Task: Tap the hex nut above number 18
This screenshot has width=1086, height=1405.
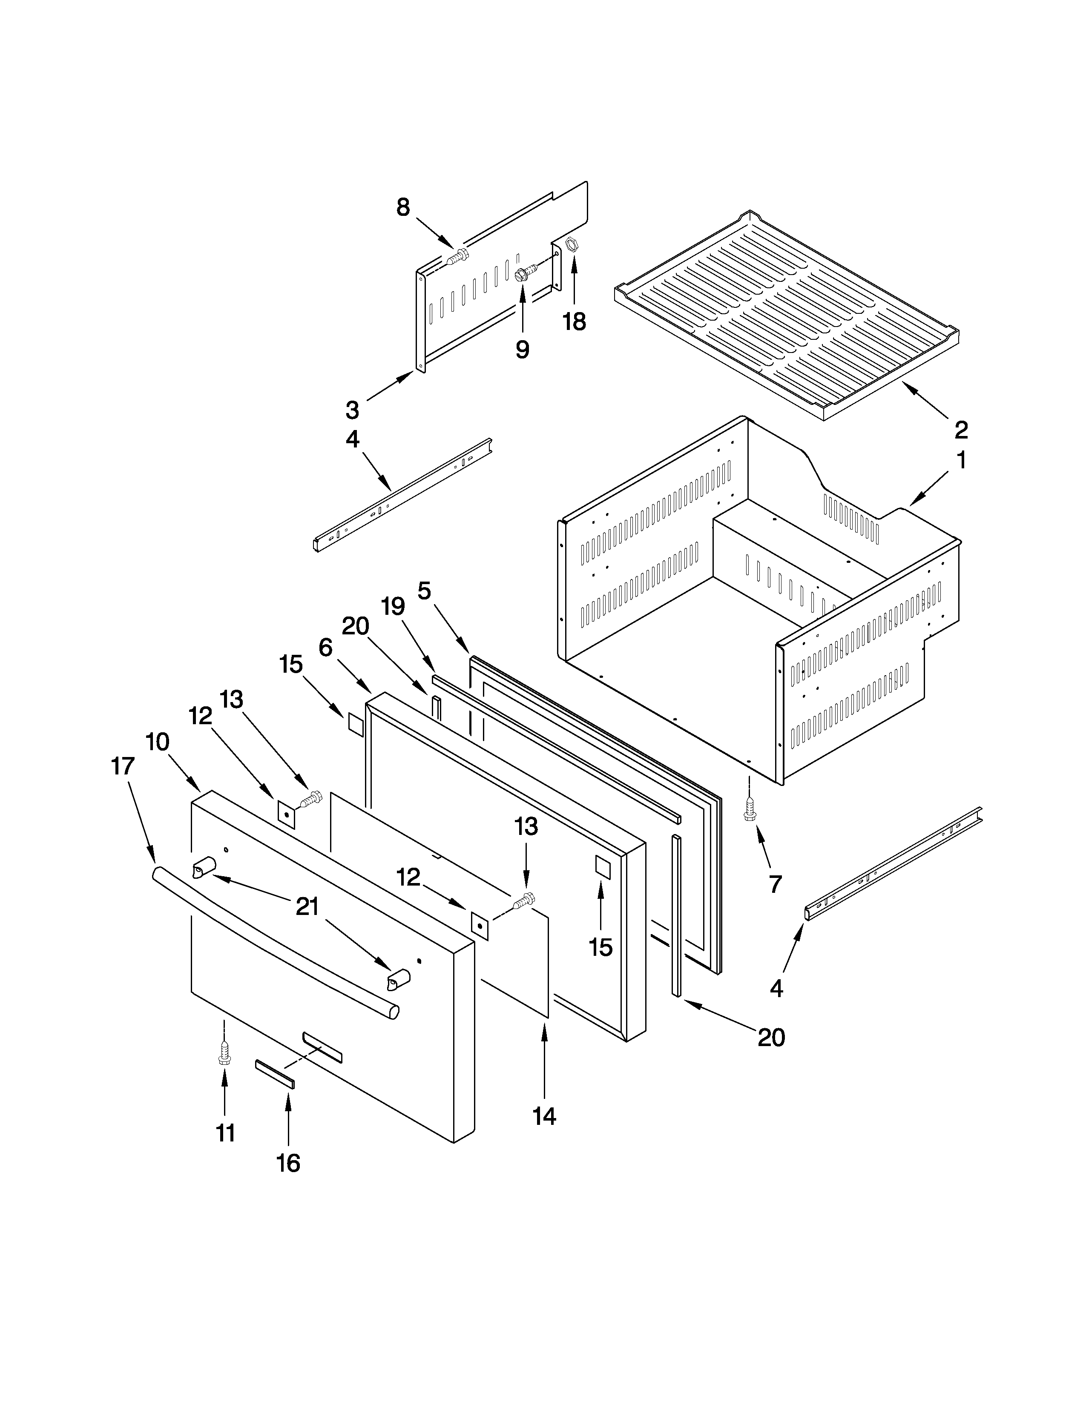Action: click(569, 244)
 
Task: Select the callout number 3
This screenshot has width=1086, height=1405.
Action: click(352, 409)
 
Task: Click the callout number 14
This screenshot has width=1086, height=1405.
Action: click(544, 1116)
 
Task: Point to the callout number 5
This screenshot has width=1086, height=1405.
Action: click(425, 590)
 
